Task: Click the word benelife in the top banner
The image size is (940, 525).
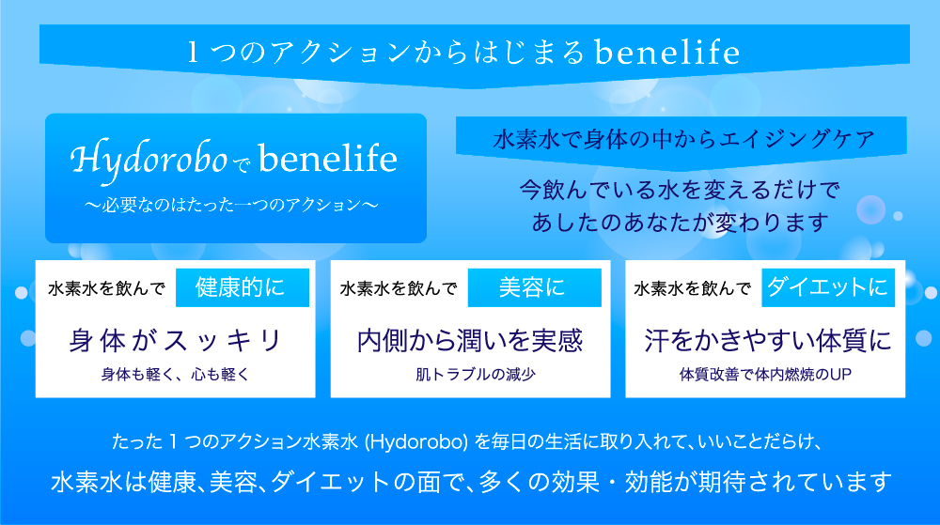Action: (x=667, y=52)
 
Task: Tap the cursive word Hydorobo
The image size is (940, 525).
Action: (x=149, y=160)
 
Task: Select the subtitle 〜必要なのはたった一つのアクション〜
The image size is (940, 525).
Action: (x=231, y=205)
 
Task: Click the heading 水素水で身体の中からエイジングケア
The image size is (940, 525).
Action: (x=684, y=140)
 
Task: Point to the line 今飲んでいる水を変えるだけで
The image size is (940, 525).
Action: (x=680, y=190)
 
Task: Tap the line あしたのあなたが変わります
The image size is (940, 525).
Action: (x=680, y=223)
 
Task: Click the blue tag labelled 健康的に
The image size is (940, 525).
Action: (x=243, y=288)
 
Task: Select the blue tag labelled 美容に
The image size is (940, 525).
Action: (x=534, y=288)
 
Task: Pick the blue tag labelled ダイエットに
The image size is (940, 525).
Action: (x=828, y=288)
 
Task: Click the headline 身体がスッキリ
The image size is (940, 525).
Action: (x=175, y=341)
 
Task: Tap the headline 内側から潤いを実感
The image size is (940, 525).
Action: (x=470, y=341)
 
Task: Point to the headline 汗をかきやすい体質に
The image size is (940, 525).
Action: (x=768, y=341)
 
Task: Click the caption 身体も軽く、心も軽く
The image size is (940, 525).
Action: (x=175, y=375)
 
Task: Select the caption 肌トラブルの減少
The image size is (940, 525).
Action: (x=476, y=375)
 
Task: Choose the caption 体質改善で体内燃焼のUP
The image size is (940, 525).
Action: (x=765, y=375)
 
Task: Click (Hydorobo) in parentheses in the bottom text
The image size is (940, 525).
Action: (x=416, y=441)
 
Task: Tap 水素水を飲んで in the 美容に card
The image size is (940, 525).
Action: (x=398, y=289)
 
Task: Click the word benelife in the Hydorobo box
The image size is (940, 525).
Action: (x=328, y=159)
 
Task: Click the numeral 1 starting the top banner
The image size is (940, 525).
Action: (x=193, y=52)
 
